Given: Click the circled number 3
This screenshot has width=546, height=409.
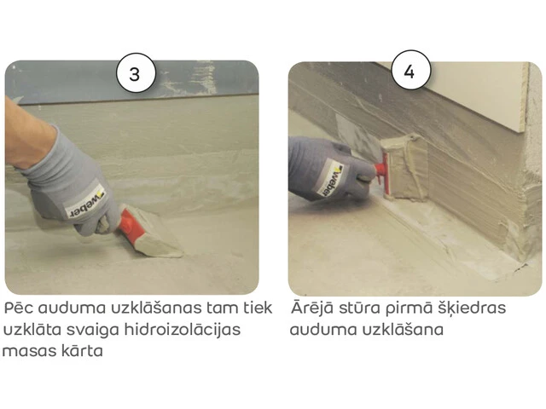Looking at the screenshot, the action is click(x=136, y=73).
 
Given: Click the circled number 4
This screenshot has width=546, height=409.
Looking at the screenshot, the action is click(x=411, y=71).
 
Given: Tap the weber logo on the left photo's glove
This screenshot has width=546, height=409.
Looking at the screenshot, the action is click(x=84, y=204).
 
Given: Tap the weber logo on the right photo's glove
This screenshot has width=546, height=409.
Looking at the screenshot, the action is click(x=332, y=178).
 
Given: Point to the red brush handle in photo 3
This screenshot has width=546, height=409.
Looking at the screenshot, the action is click(x=127, y=222).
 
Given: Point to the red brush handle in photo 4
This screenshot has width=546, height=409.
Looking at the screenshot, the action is click(x=381, y=173).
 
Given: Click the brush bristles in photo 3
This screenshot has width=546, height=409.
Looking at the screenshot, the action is click(x=156, y=240).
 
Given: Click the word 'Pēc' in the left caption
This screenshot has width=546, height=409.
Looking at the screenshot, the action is click(x=19, y=308).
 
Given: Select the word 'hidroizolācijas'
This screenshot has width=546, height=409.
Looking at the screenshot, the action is click(x=182, y=329).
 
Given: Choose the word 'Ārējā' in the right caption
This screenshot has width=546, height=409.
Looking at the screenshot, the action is click(x=312, y=307).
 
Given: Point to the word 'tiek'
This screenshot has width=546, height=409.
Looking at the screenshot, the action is click(x=259, y=308).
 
